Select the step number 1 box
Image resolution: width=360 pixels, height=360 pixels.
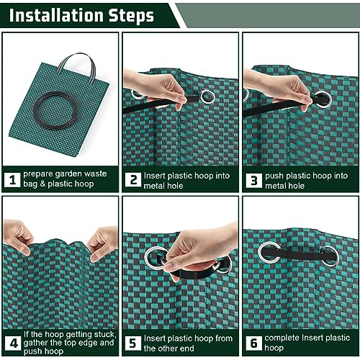[x=12, y=179]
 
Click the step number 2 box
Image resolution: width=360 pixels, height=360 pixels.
[x=133, y=179]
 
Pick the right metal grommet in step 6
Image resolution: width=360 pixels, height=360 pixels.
[x=329, y=256]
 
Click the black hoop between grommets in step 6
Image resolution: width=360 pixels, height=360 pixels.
[x=299, y=253]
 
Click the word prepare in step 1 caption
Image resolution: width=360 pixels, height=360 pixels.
[x=40, y=174]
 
